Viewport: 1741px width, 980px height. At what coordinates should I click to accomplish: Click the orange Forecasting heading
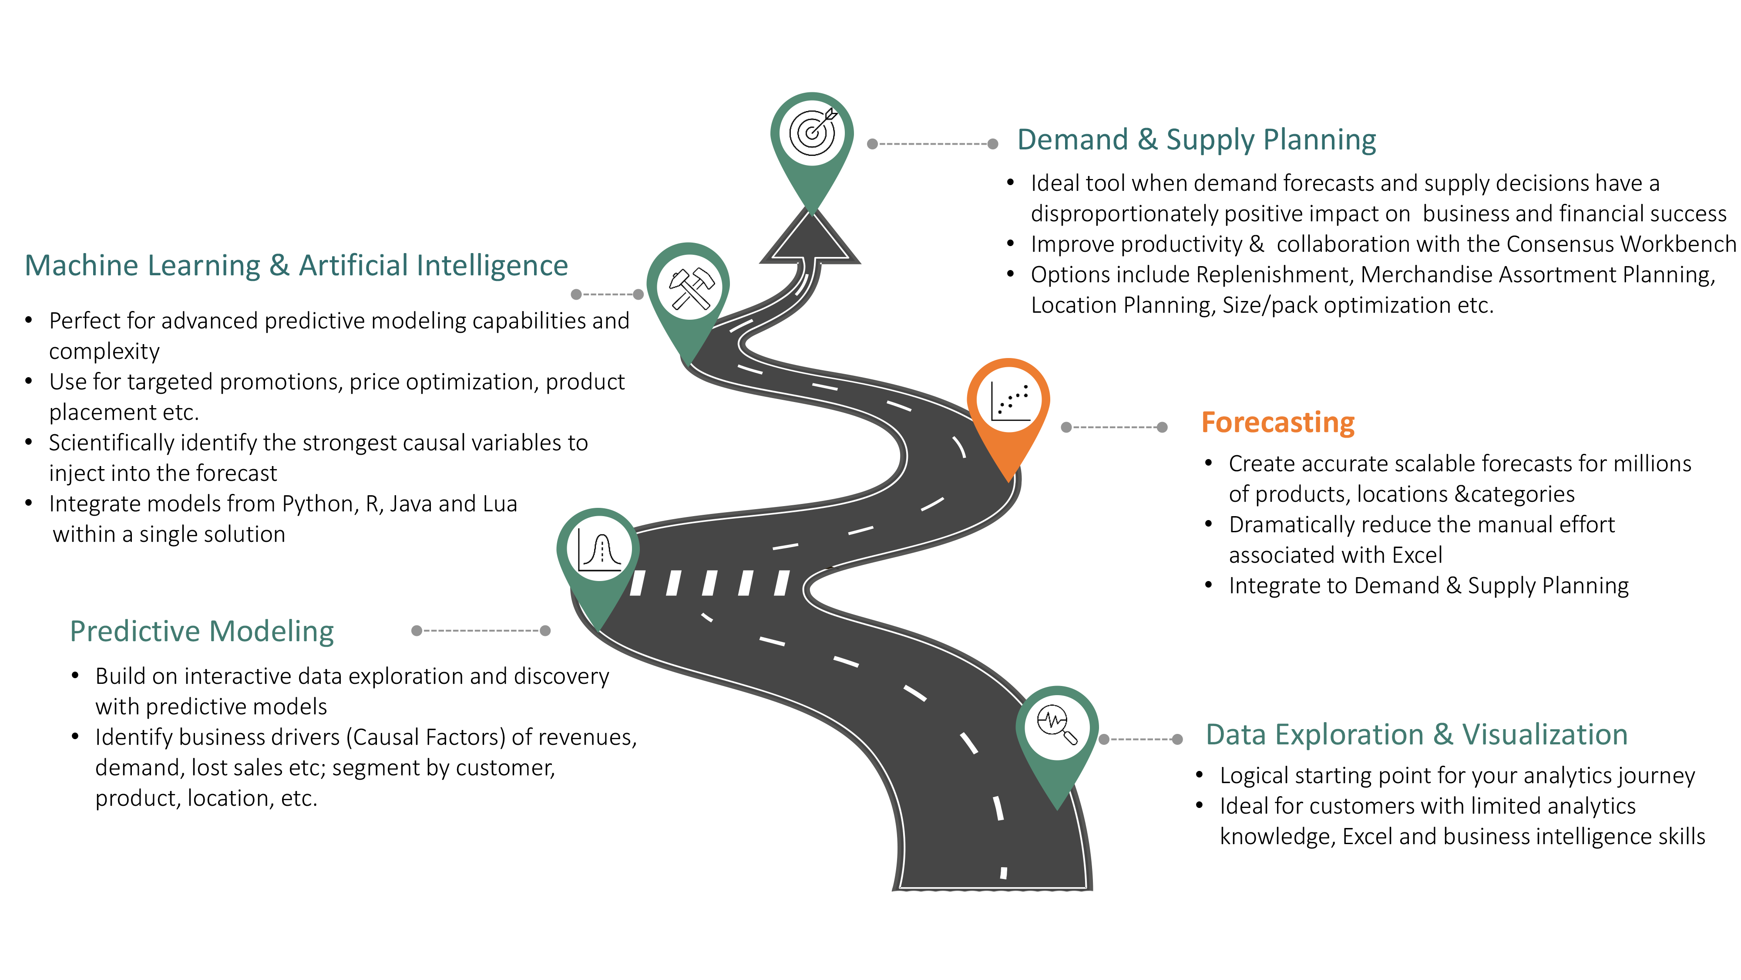1277,422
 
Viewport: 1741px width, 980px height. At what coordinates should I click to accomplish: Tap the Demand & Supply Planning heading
1196,140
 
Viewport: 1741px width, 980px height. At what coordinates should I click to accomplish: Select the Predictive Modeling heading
202,631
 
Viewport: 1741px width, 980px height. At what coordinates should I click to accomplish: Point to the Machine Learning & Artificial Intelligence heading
296,265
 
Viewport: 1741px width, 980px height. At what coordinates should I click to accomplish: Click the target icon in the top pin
812,132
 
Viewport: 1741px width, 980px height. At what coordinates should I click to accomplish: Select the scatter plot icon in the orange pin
1009,401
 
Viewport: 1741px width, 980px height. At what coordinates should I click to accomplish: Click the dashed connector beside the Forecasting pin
1114,427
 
